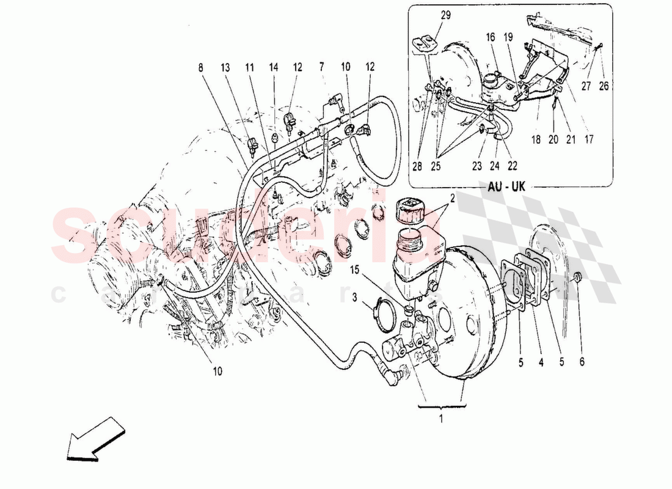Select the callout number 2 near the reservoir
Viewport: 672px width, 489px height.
[x=453, y=197]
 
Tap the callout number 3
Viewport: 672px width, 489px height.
[x=354, y=297]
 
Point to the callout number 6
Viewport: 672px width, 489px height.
[x=582, y=362]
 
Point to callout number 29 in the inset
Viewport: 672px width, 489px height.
[x=445, y=15]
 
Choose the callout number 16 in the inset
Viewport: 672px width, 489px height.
[x=491, y=38]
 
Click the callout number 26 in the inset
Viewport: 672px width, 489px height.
[x=604, y=87]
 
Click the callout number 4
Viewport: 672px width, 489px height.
[x=541, y=362]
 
